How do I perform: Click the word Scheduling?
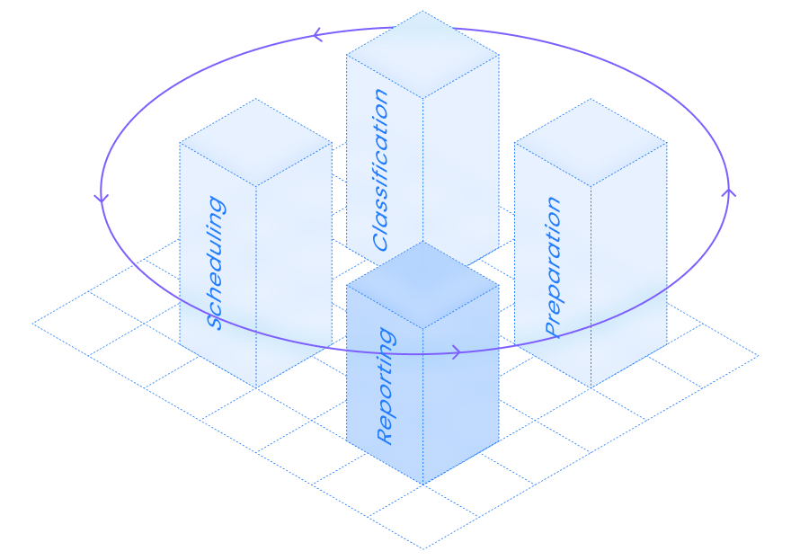[x=216, y=263]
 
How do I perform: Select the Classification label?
[x=382, y=170]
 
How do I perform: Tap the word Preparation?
[x=554, y=267]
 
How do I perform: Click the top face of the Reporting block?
[x=422, y=285]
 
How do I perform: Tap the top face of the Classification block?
[x=422, y=54]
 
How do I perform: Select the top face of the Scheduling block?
[x=256, y=142]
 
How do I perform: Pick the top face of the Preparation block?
[x=591, y=142]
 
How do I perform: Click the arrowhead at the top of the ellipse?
[x=316, y=36]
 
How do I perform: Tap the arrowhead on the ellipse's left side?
[x=102, y=197]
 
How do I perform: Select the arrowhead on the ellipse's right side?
[x=728, y=191]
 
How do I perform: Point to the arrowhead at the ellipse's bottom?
[x=456, y=352]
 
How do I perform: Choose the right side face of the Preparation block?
[x=629, y=270]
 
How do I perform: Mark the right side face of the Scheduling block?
[x=294, y=270]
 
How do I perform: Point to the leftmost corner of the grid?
[x=33, y=324]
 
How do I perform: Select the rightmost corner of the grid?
[x=758, y=356]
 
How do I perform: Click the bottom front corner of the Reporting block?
[x=422, y=484]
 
